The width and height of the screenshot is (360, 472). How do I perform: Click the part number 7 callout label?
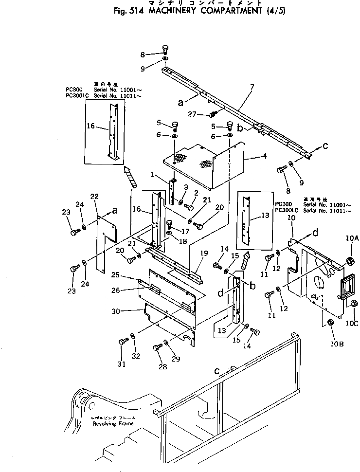252,88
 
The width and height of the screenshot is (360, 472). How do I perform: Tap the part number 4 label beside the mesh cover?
264,157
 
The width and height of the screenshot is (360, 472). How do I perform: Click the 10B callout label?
338,345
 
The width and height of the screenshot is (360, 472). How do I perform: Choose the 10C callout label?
352,323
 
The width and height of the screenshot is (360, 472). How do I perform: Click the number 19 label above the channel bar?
204,253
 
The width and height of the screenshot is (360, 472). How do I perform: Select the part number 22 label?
94,196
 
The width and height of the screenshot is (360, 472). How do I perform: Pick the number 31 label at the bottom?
121,364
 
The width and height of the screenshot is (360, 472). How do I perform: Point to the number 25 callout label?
129,275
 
